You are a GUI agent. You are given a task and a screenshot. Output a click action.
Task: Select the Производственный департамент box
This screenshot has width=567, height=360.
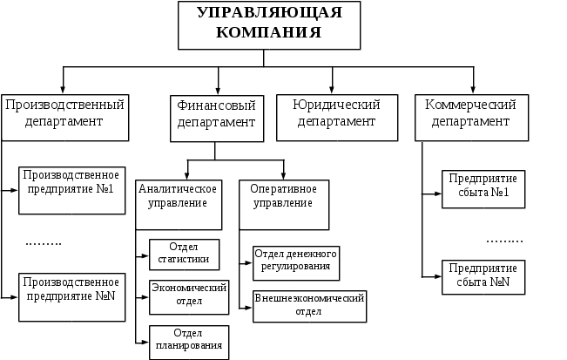click(64, 114)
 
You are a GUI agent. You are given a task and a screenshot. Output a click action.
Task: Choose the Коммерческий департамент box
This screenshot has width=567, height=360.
click(471, 114)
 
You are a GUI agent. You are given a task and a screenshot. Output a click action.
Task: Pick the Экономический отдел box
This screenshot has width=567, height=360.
click(188, 296)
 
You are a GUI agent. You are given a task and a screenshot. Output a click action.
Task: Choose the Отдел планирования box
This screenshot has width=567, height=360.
click(188, 341)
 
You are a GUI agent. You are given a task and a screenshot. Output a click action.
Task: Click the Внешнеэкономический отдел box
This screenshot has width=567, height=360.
click(309, 303)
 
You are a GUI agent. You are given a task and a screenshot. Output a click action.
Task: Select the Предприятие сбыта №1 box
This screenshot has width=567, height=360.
click(483, 189)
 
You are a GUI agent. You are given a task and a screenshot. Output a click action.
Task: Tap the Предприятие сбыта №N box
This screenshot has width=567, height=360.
click(483, 275)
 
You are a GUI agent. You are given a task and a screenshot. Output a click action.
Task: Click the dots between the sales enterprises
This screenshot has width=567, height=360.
click(504, 239)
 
